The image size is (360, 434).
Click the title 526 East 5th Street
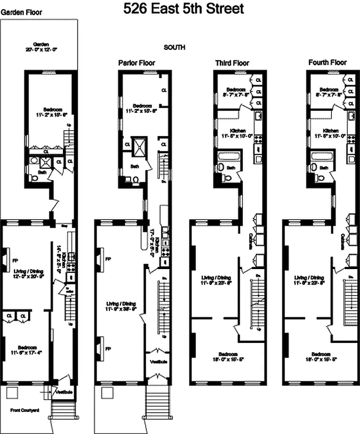coord(183,9)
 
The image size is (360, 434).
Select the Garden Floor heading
coord(21,11)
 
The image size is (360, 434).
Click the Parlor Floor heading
coord(137,63)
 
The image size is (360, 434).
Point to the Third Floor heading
coord(232,63)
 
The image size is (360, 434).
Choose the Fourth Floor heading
coord(327,63)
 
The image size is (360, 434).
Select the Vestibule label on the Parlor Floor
coord(158,362)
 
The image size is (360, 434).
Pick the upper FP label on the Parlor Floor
coord(107,259)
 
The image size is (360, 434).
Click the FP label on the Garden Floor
coord(15,260)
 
